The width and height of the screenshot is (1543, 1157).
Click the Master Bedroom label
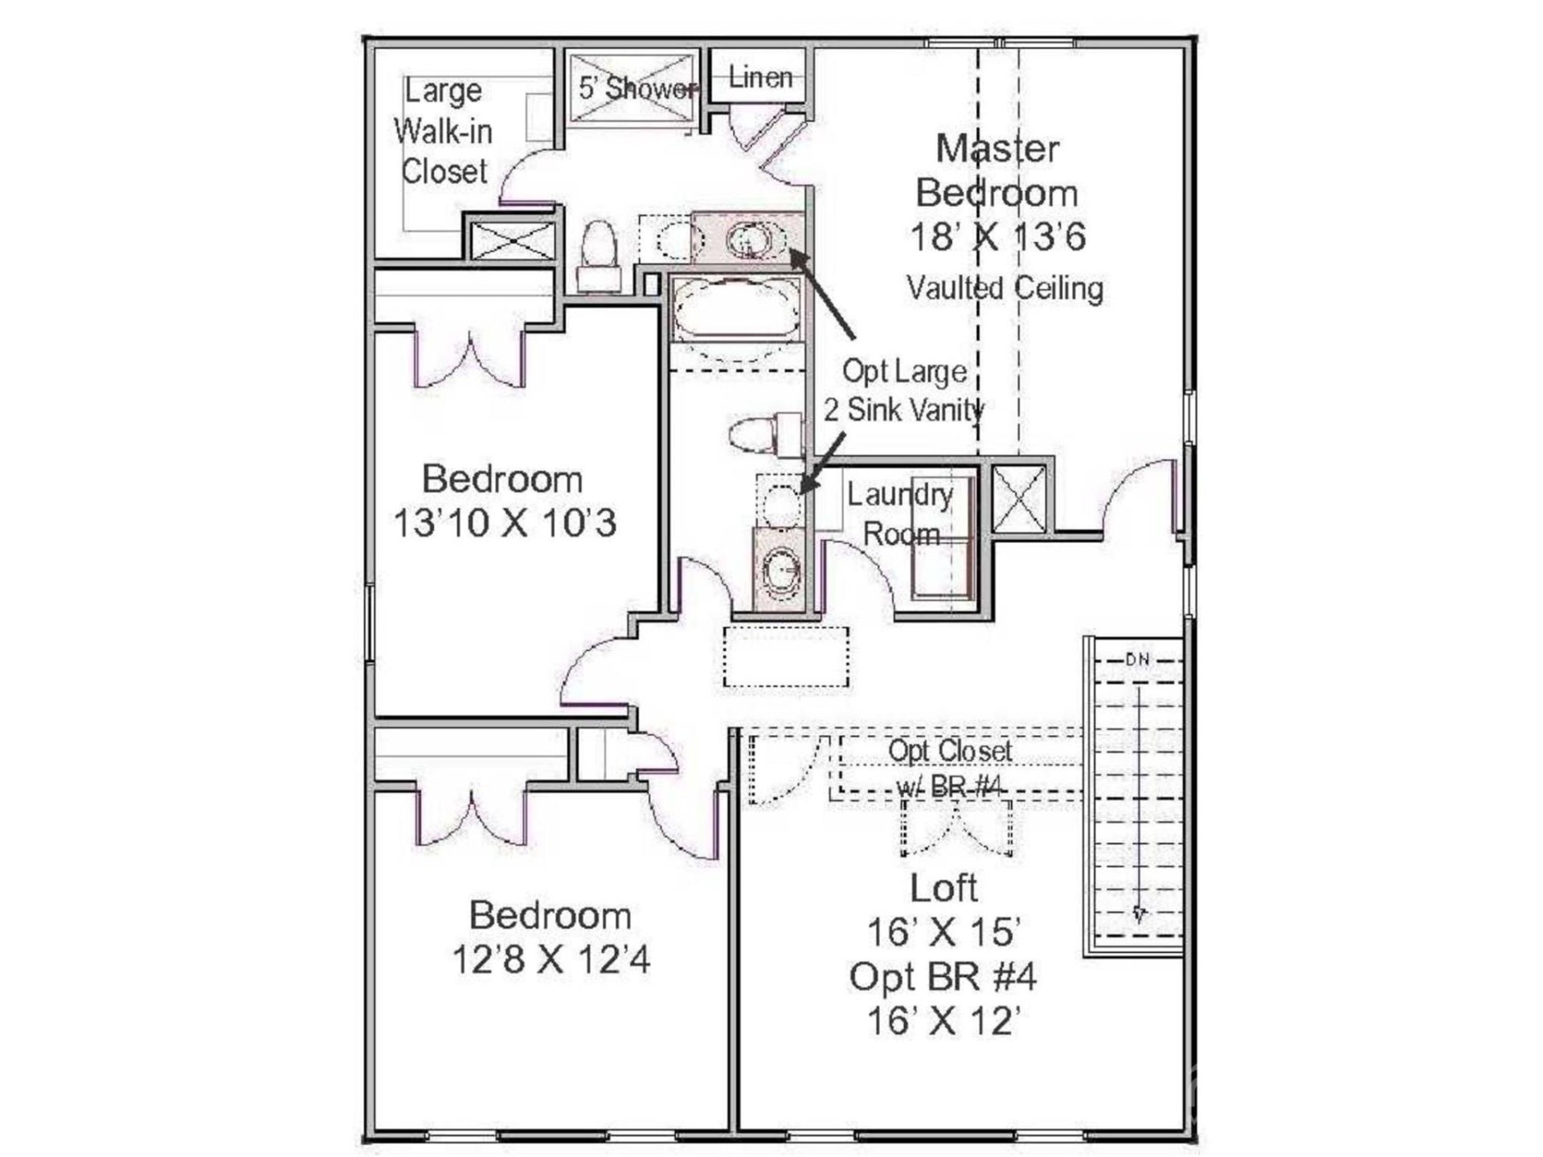997,170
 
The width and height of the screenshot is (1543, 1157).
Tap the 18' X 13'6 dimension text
997,236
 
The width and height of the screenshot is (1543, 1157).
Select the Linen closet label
759,77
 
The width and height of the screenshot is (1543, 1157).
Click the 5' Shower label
636,88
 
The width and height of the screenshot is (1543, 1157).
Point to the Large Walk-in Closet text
443,131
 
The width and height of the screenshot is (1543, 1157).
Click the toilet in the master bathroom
598,253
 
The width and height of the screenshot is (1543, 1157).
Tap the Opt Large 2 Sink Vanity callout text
904,390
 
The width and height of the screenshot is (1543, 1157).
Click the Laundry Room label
900,514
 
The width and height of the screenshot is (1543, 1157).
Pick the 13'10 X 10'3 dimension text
505,523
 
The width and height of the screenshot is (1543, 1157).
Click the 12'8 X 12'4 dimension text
550,959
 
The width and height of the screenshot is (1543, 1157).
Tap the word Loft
943,888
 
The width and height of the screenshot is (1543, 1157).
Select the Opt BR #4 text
943,977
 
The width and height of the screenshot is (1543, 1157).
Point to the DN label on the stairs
1137,660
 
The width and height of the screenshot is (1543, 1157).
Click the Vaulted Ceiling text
1005,288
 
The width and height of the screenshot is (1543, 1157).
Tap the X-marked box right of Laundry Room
1018,498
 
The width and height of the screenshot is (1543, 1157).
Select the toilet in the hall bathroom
763,435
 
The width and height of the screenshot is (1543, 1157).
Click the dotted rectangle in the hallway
786,656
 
